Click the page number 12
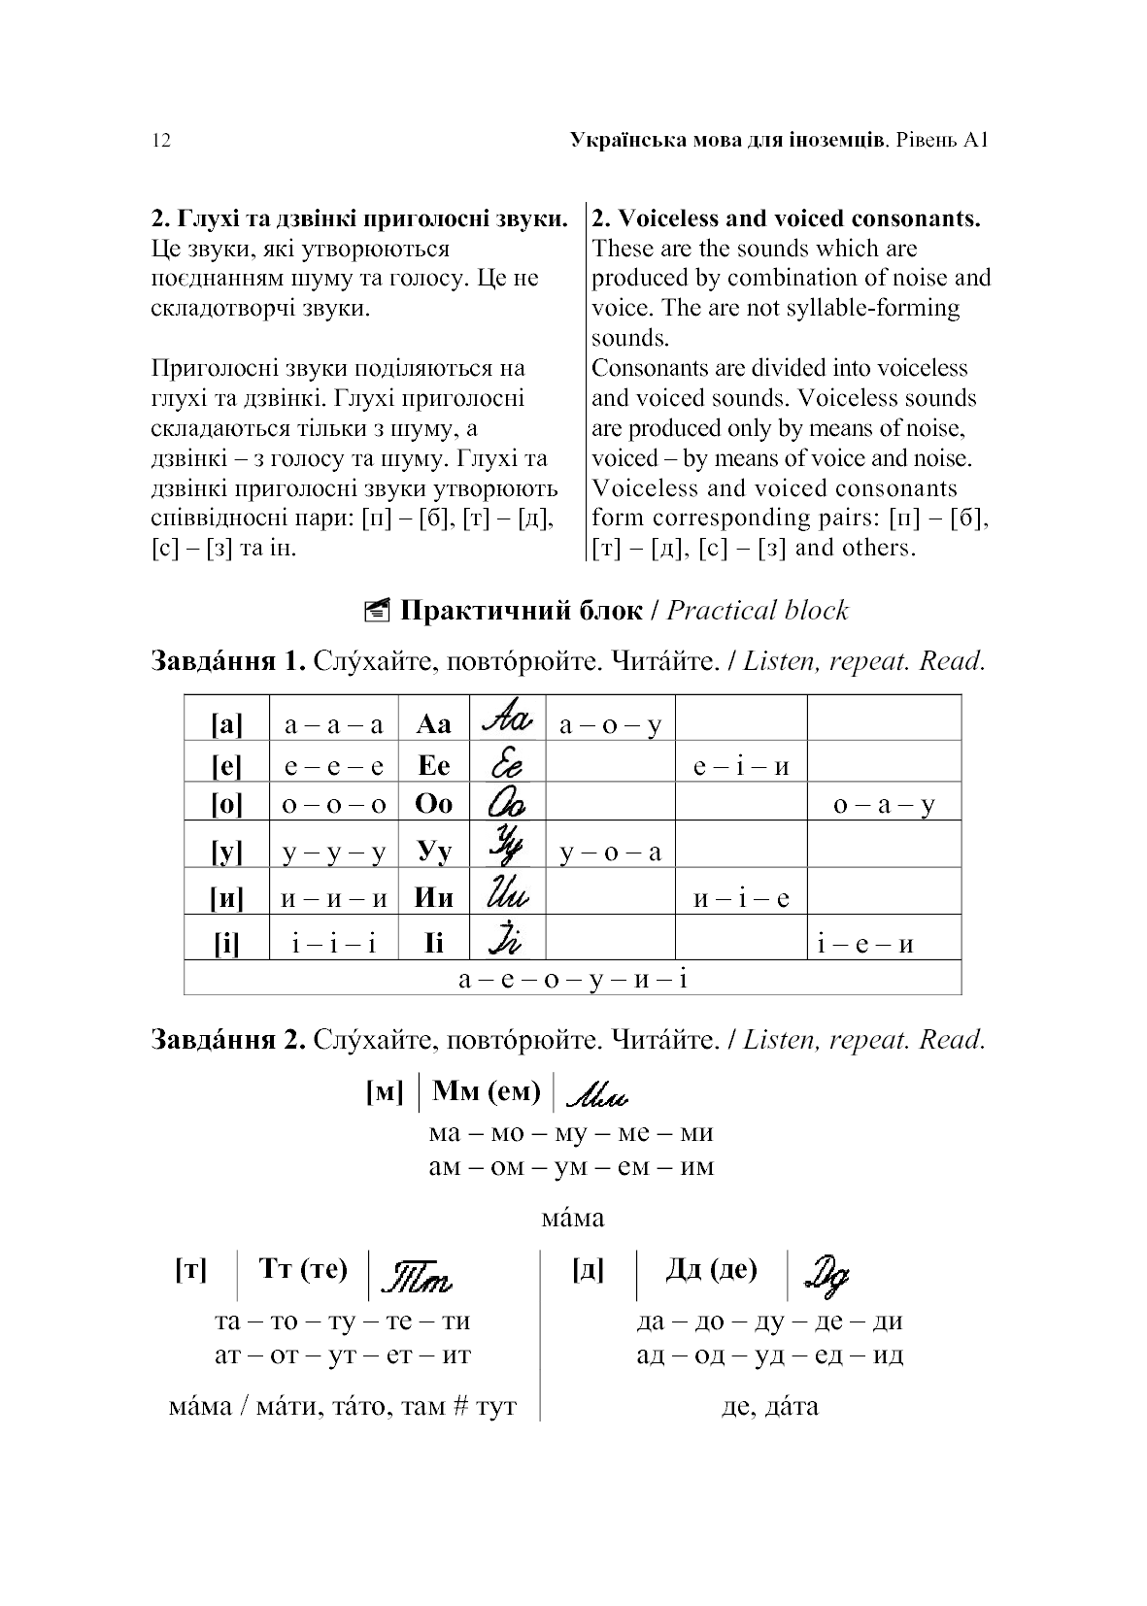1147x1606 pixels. pos(161,141)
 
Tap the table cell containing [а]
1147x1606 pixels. pos(226,723)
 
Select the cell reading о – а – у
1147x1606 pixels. pos(884,805)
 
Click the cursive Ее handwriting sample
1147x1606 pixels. pos(506,764)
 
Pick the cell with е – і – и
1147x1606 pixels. pos(741,766)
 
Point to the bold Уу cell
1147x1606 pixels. pos(433,852)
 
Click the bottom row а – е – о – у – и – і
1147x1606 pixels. pos(573,978)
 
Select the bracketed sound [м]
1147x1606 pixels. pos(384,1092)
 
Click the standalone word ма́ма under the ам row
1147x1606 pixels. pos(572,1218)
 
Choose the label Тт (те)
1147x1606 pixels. pos(304,1269)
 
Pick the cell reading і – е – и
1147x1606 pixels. pos(865,943)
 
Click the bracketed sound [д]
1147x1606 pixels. pos(588,1269)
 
